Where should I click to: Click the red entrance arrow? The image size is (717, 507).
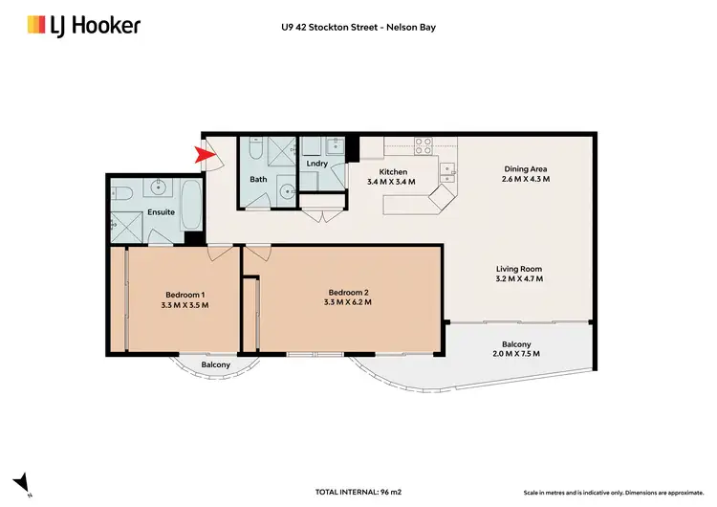pos(202,153)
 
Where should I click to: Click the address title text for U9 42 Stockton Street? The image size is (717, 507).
pos(358,26)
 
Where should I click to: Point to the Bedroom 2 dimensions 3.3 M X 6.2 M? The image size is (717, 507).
pos(349,302)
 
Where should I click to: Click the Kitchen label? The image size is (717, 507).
pos(392,172)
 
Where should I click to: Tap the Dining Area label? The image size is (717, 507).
pos(526,169)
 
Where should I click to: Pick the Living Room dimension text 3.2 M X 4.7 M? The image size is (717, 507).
pos(519,279)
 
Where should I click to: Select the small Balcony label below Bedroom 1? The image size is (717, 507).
pos(215,364)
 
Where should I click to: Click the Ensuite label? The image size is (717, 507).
pos(161,212)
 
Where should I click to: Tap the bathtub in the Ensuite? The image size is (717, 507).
pos(191,204)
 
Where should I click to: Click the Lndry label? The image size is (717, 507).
pos(316,164)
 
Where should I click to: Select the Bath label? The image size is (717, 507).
pos(258,179)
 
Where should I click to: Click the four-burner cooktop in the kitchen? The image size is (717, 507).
pos(423,146)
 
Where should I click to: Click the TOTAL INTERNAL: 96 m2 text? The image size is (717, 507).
pos(358,492)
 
